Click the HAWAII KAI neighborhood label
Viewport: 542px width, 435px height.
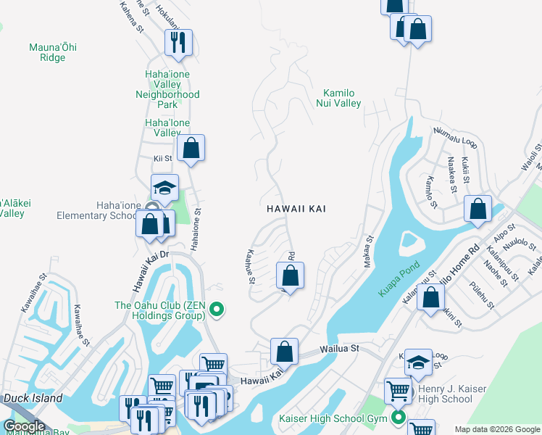(x=296, y=209)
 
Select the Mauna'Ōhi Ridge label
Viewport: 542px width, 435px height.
(x=52, y=52)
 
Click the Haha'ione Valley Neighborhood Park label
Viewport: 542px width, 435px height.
(x=167, y=84)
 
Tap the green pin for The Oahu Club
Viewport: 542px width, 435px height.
(x=216, y=311)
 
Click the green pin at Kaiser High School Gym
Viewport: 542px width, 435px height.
(x=398, y=418)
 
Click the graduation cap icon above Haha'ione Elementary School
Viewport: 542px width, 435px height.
(x=164, y=187)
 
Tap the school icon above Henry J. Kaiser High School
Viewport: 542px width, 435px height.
(x=418, y=362)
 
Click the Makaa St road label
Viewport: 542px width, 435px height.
(x=367, y=250)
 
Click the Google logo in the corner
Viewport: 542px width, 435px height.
(x=23, y=426)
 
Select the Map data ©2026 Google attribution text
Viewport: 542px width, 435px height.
(x=496, y=429)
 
